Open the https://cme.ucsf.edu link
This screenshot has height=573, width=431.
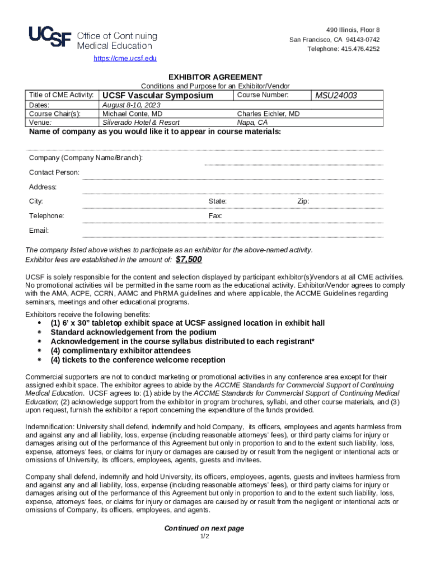click(125, 58)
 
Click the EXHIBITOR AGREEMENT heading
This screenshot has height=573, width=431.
click(215, 77)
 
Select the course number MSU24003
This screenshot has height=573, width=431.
click(336, 95)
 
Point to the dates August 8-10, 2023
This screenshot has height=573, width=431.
click(132, 105)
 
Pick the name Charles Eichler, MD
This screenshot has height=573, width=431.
click(268, 114)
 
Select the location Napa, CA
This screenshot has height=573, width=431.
click(252, 122)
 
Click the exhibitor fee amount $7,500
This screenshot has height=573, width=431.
click(189, 260)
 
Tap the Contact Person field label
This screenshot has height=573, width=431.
click(54, 172)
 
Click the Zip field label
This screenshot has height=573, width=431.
click(303, 201)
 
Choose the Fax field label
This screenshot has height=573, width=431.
click(215, 215)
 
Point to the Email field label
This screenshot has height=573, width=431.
click(39, 231)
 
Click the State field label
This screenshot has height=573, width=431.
click(217, 201)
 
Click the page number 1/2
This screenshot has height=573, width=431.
click(204, 537)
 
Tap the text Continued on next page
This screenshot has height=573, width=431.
click(204, 528)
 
